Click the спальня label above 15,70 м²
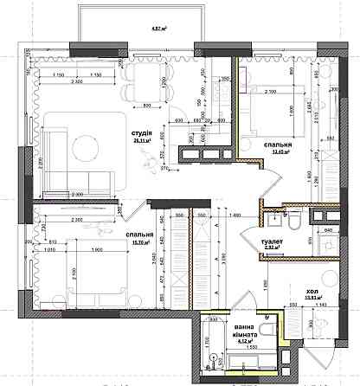click(x=140, y=235)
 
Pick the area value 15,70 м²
click(x=140, y=242)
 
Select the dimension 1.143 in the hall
click(x=323, y=305)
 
